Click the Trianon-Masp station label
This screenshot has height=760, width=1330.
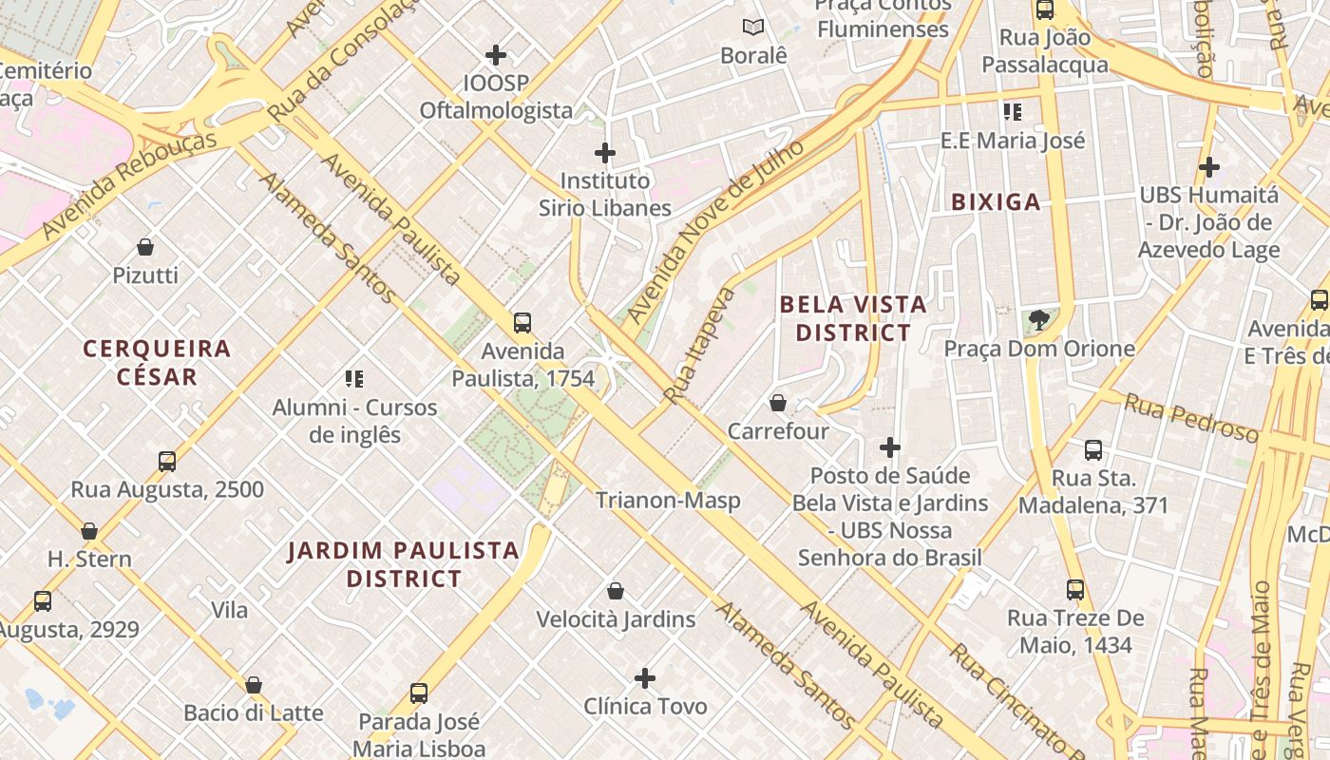(x=668, y=501)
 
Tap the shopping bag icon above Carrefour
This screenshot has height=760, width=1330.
(x=778, y=403)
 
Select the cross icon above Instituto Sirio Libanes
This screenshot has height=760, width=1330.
(x=605, y=152)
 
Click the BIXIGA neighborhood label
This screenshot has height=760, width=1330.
(x=996, y=201)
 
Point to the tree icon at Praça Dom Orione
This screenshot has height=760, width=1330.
(x=1039, y=320)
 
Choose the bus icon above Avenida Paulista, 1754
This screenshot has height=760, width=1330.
(x=522, y=323)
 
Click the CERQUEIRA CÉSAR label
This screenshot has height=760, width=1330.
(x=157, y=362)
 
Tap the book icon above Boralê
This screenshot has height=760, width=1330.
(x=753, y=28)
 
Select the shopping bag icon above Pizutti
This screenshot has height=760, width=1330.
(x=145, y=247)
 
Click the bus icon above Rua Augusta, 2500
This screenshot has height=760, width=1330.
(x=167, y=462)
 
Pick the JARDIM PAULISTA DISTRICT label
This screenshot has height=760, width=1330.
(x=404, y=564)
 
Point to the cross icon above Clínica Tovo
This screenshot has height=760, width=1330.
(x=645, y=678)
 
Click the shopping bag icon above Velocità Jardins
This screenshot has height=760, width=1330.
(x=616, y=591)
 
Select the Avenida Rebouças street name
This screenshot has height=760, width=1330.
(x=129, y=183)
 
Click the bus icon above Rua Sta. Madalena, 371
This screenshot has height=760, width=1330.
(x=1093, y=450)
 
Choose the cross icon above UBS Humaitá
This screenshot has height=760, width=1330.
(x=1209, y=167)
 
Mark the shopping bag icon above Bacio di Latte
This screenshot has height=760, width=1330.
(x=254, y=685)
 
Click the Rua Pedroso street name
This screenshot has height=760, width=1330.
(x=1191, y=418)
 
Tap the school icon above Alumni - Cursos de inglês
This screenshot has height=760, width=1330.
(x=354, y=380)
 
